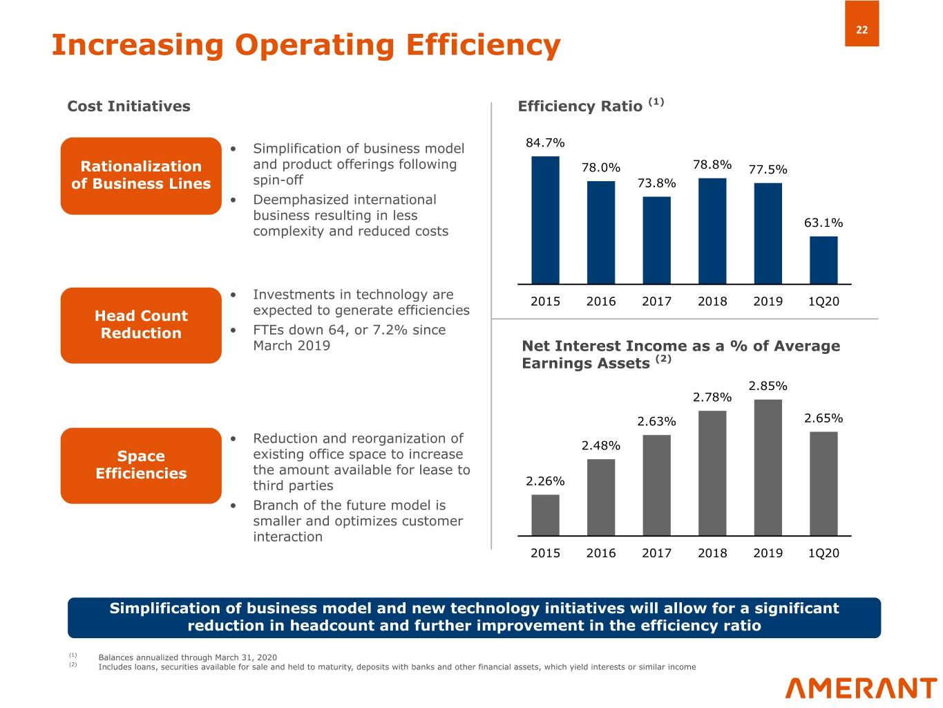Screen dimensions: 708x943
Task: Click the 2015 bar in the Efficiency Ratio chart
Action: click(545, 220)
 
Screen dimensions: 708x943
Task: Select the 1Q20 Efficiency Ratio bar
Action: click(823, 260)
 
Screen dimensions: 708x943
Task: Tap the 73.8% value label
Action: click(656, 183)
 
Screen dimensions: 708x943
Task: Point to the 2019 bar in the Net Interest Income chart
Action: click(768, 467)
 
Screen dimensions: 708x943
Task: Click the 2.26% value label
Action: click(545, 481)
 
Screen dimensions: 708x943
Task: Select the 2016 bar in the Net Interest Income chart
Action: click(601, 497)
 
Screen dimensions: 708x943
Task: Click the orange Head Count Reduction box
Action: click(141, 325)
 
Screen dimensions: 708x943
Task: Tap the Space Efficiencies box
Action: click(141, 465)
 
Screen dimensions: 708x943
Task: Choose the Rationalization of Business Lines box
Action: click(141, 176)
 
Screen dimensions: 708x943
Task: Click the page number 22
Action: click(861, 30)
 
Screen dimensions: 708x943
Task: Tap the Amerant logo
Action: click(861, 689)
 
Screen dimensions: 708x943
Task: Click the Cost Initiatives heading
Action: click(128, 106)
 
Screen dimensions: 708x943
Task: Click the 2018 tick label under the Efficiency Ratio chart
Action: click(712, 301)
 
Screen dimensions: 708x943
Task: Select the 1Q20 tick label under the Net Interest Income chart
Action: click(823, 553)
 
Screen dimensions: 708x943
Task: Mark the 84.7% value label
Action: click(545, 143)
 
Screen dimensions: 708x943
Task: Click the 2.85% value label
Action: click(768, 386)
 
